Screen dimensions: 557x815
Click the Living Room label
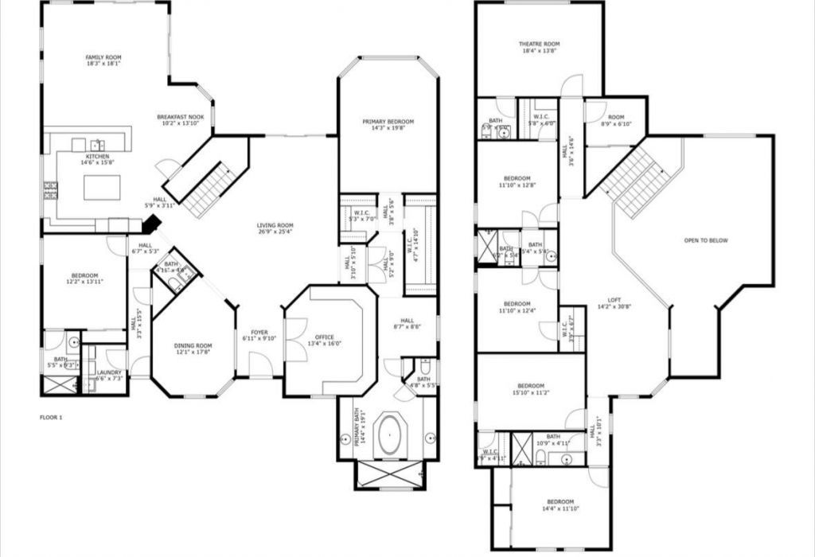(275, 228)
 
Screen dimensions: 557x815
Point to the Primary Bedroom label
(388, 125)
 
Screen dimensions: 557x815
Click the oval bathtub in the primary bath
(389, 434)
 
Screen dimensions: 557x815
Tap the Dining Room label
(193, 349)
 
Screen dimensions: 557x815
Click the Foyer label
(259, 335)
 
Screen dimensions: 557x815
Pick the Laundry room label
(108, 376)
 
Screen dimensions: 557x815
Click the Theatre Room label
(540, 48)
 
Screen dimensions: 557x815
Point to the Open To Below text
(706, 240)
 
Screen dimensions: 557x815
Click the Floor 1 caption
(50, 417)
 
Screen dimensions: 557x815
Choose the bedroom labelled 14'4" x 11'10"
(558, 505)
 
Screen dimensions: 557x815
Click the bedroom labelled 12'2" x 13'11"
(84, 279)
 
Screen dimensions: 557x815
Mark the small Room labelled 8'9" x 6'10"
(616, 120)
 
